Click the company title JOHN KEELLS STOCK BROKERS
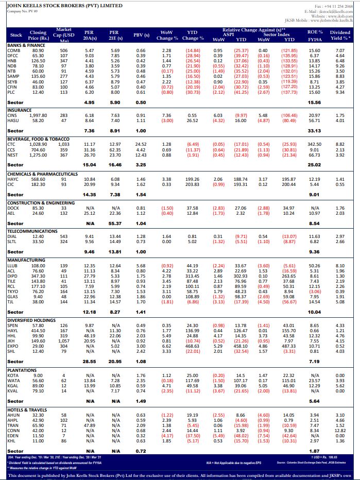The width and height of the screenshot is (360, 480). (64, 6)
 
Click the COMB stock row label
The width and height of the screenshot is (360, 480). (14, 50)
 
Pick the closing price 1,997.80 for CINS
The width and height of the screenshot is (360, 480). (37, 115)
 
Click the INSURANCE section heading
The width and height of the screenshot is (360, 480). (20, 110)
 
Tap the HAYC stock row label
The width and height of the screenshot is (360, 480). (14, 179)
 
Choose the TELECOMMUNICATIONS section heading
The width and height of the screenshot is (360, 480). (32, 231)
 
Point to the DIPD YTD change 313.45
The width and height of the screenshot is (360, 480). (193, 277)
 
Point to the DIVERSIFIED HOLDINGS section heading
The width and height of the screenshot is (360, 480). (31, 320)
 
